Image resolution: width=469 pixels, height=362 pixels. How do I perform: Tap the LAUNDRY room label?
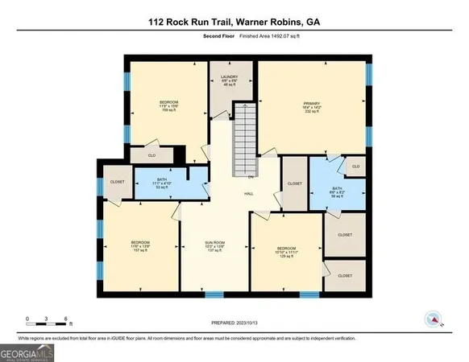pos(229,79)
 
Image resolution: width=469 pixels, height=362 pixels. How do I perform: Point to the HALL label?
pos(249,193)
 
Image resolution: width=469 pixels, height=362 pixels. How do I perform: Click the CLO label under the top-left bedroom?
pos(151,154)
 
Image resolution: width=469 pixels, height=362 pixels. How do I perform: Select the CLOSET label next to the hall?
pos(295,183)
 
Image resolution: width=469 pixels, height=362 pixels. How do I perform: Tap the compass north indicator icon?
pos(434,319)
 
